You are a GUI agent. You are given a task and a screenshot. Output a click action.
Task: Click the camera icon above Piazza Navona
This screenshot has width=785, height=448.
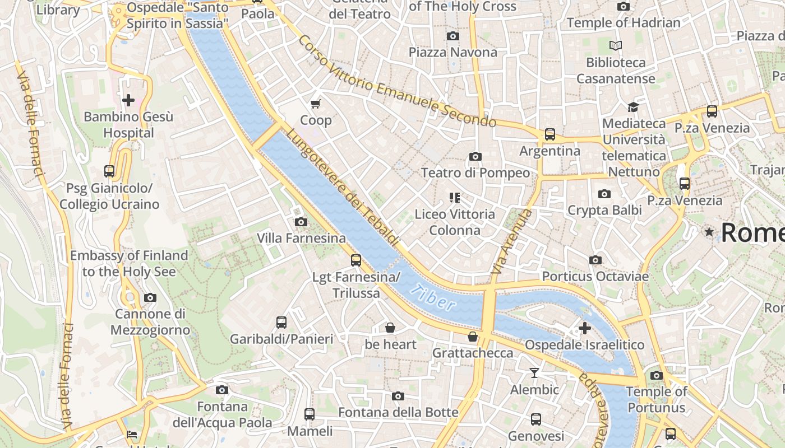452,36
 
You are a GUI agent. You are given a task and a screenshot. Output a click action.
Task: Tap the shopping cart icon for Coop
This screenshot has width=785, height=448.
316,104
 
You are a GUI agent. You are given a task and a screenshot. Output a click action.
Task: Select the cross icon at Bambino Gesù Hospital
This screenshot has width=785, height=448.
128,100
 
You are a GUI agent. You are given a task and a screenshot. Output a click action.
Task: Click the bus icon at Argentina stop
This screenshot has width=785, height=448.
549,134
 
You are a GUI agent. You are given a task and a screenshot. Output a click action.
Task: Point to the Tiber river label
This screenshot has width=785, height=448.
432,297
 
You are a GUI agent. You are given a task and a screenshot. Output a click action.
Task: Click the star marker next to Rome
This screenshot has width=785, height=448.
710,232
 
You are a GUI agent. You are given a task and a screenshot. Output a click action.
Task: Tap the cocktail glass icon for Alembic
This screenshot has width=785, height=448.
534,373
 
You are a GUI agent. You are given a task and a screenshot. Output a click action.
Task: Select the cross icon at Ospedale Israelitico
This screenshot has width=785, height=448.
585,328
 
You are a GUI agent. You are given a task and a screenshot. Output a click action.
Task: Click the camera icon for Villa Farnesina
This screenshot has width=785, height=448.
301,222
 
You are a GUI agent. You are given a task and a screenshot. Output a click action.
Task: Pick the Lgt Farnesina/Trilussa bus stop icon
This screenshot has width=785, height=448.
355,260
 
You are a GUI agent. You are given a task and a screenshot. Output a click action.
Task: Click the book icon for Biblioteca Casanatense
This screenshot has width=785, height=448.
616,46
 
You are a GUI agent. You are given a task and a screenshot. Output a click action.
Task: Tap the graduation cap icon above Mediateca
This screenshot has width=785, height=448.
633,107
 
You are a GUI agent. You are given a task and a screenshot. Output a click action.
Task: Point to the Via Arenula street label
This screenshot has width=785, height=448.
511,241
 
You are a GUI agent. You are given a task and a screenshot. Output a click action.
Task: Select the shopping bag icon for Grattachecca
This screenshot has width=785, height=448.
473,337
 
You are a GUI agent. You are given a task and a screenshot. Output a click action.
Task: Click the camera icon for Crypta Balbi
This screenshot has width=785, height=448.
604,194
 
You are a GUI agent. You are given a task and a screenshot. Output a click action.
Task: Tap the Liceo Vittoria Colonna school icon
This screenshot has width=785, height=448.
454,198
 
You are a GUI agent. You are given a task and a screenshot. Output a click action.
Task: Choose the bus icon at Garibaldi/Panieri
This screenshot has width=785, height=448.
281,323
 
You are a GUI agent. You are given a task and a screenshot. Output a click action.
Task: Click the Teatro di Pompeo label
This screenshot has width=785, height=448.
475,172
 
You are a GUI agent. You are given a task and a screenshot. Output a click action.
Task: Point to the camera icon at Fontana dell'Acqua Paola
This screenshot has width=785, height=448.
222,390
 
